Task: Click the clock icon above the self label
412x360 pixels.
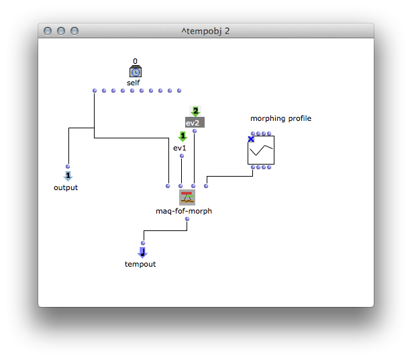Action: [136, 71]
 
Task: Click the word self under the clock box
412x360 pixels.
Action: [134, 83]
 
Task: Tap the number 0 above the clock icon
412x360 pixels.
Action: [135, 61]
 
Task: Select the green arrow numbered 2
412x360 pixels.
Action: [195, 111]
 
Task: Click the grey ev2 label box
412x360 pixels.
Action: [195, 122]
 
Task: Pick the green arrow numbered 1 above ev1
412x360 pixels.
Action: [183, 136]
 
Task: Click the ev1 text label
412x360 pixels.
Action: [180, 148]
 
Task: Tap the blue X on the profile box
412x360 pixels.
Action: [251, 139]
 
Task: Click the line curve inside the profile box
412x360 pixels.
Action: [261, 150]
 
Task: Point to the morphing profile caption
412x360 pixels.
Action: [280, 119]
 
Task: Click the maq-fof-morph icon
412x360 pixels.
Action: [187, 197]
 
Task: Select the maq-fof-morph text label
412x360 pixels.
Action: [184, 211]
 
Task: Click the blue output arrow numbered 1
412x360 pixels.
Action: [68, 176]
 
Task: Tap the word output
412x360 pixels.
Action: [66, 187]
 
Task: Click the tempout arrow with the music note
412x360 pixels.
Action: [143, 253]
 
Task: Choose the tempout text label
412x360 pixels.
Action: [140, 264]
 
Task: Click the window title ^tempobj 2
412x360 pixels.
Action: [205, 31]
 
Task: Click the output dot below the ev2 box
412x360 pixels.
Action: [195, 131]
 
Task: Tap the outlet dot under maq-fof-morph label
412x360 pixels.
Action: [187, 219]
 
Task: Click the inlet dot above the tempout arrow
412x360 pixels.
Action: [143, 243]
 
